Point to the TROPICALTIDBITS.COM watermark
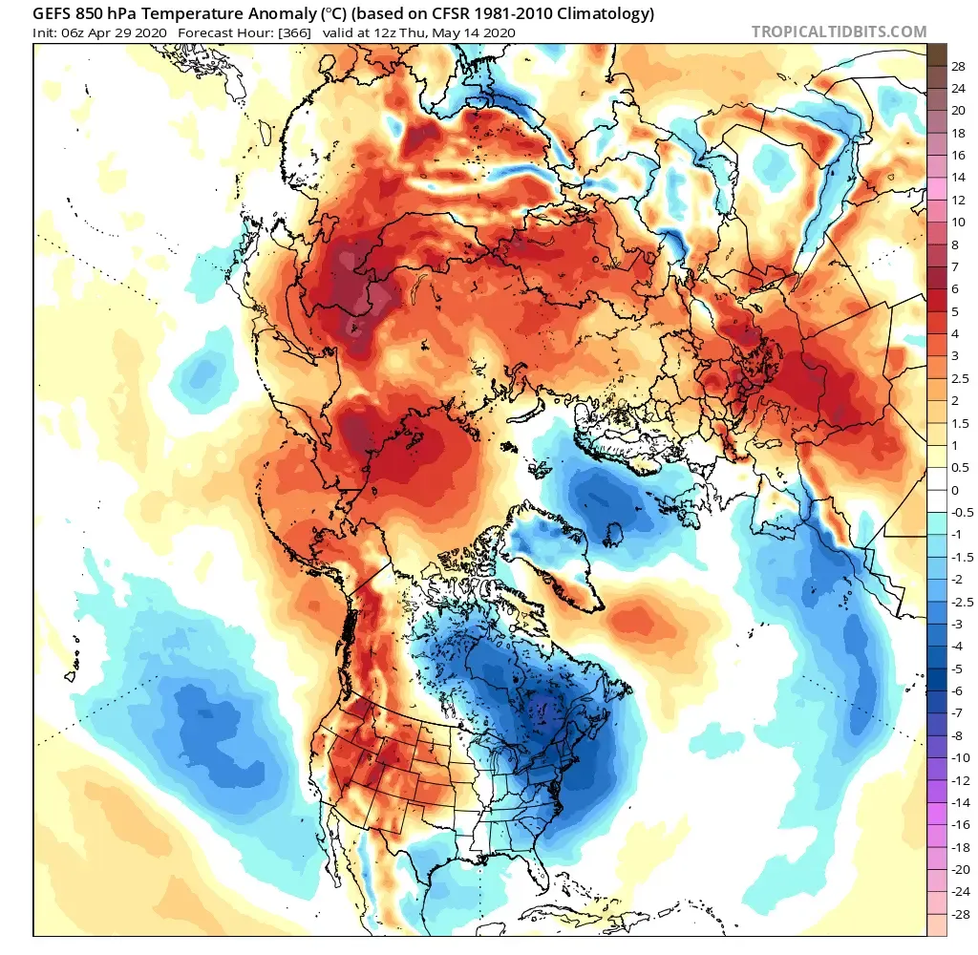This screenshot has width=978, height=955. (x=839, y=32)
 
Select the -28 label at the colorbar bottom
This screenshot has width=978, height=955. (x=959, y=914)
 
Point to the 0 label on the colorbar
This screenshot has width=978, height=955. (x=955, y=490)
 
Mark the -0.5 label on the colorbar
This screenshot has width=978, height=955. (x=961, y=512)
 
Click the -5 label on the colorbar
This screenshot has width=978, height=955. (x=957, y=668)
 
